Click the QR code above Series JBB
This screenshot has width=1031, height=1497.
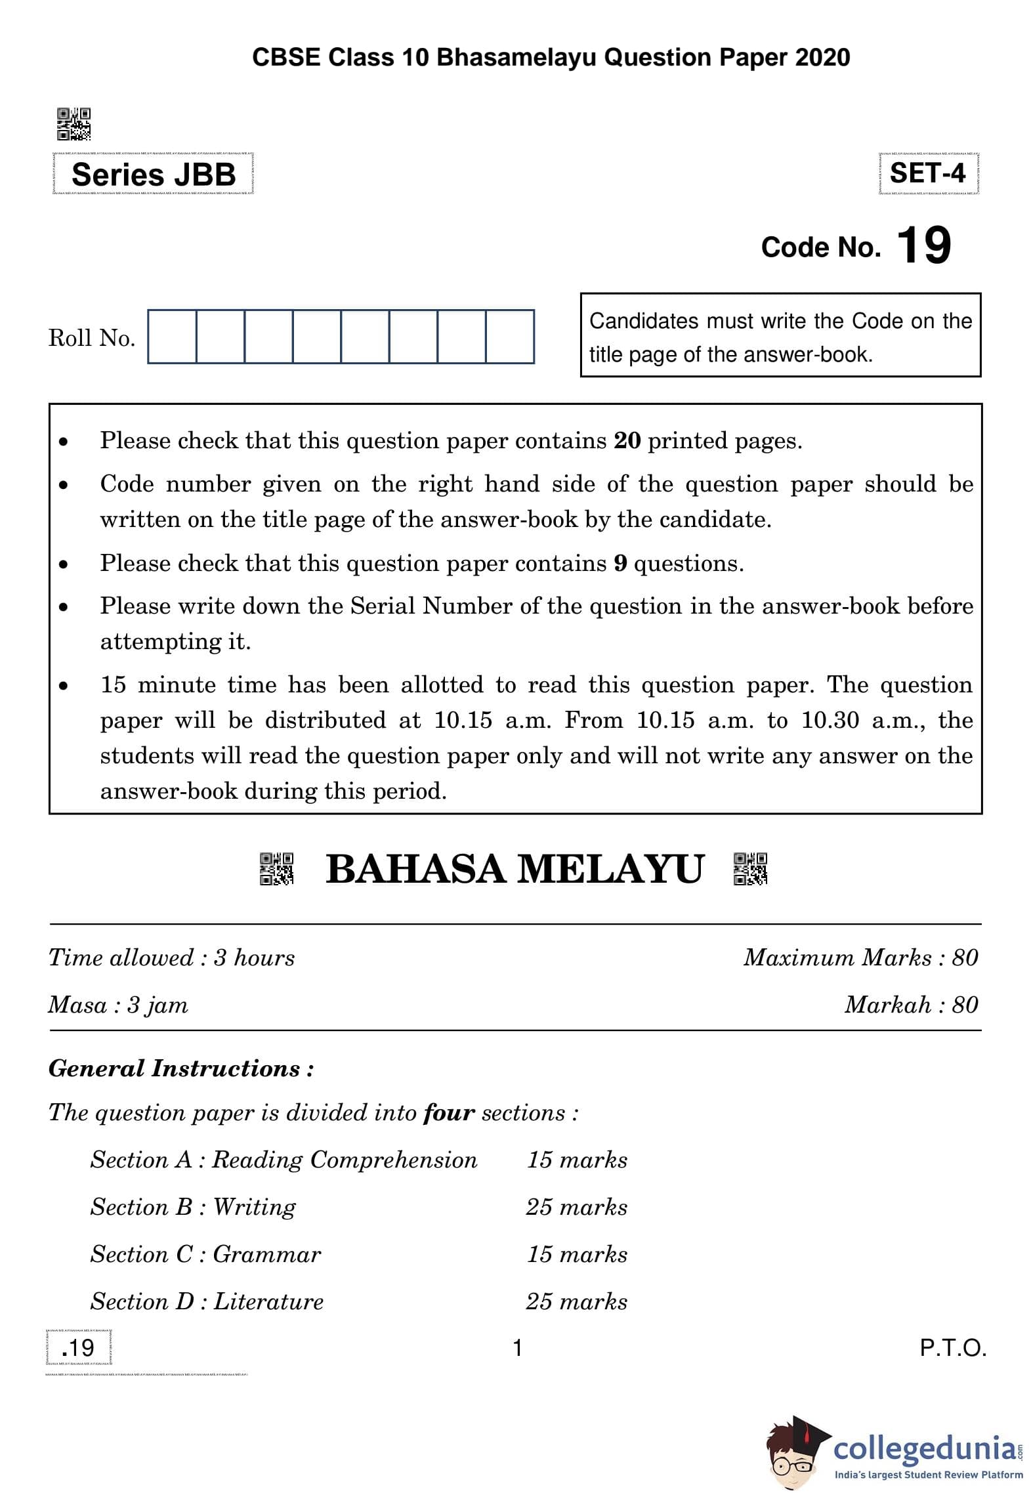pyautogui.click(x=74, y=125)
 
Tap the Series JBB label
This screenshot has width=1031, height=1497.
pyautogui.click(x=153, y=175)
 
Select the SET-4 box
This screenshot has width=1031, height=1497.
pyautogui.click(x=927, y=173)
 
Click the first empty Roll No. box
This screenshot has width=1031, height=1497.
pyautogui.click(x=172, y=337)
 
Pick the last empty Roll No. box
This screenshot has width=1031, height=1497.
pyautogui.click(x=510, y=337)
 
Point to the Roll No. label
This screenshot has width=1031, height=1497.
pyautogui.click(x=92, y=338)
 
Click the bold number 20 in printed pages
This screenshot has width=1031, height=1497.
pyautogui.click(x=627, y=440)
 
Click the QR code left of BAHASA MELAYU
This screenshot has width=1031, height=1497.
pyautogui.click(x=276, y=869)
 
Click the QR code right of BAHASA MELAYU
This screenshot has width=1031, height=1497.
pyautogui.click(x=750, y=869)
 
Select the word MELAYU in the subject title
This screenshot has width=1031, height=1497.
pyautogui.click(x=610, y=869)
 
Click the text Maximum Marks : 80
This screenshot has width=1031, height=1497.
pyautogui.click(x=860, y=958)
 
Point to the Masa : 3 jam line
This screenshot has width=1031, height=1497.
pyautogui.click(x=118, y=1005)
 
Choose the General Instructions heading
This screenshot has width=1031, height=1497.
pyautogui.click(x=181, y=1068)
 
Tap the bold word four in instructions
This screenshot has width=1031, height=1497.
pyautogui.click(x=449, y=1113)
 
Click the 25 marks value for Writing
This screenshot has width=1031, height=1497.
pyautogui.click(x=576, y=1207)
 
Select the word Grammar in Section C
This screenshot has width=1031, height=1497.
pyautogui.click(x=266, y=1254)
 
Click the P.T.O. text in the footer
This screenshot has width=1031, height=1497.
pyautogui.click(x=953, y=1348)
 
